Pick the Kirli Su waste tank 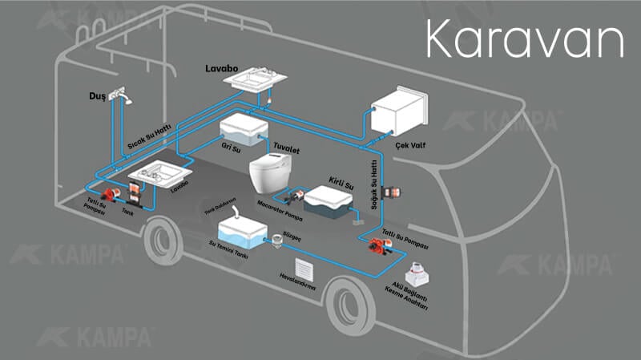328,202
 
